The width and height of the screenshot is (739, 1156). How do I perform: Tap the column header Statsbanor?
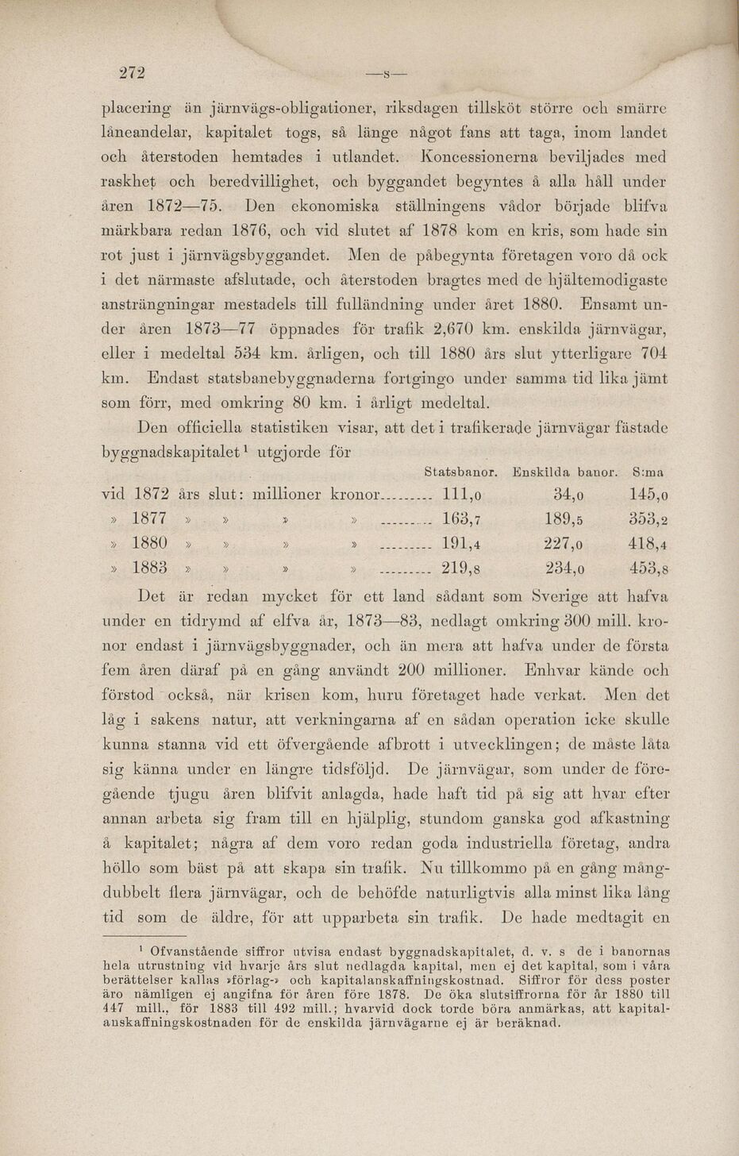[x=461, y=472]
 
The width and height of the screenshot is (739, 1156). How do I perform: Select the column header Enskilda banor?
[x=566, y=472]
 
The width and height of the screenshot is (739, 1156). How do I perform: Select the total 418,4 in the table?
[x=647, y=544]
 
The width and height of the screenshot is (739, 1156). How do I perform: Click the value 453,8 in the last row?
[x=647, y=568]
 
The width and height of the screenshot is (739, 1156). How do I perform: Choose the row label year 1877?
[x=149, y=518]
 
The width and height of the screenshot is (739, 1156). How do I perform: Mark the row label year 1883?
[x=149, y=568]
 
